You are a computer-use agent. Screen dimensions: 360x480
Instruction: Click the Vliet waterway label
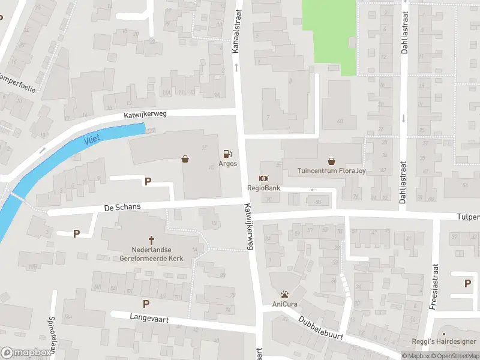click(x=92, y=139)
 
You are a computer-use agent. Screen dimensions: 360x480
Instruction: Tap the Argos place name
click(x=227, y=163)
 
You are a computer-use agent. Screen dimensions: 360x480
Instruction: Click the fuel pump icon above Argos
click(x=227, y=153)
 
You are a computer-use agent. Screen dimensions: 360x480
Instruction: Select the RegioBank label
click(x=264, y=188)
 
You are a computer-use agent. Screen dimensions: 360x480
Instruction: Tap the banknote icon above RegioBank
click(x=263, y=178)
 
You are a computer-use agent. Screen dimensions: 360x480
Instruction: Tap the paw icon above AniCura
click(x=285, y=294)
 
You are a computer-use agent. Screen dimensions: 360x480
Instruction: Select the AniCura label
click(x=285, y=304)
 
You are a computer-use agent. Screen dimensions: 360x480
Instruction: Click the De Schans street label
click(x=122, y=206)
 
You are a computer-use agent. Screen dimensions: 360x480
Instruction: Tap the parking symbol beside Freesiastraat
click(x=468, y=283)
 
